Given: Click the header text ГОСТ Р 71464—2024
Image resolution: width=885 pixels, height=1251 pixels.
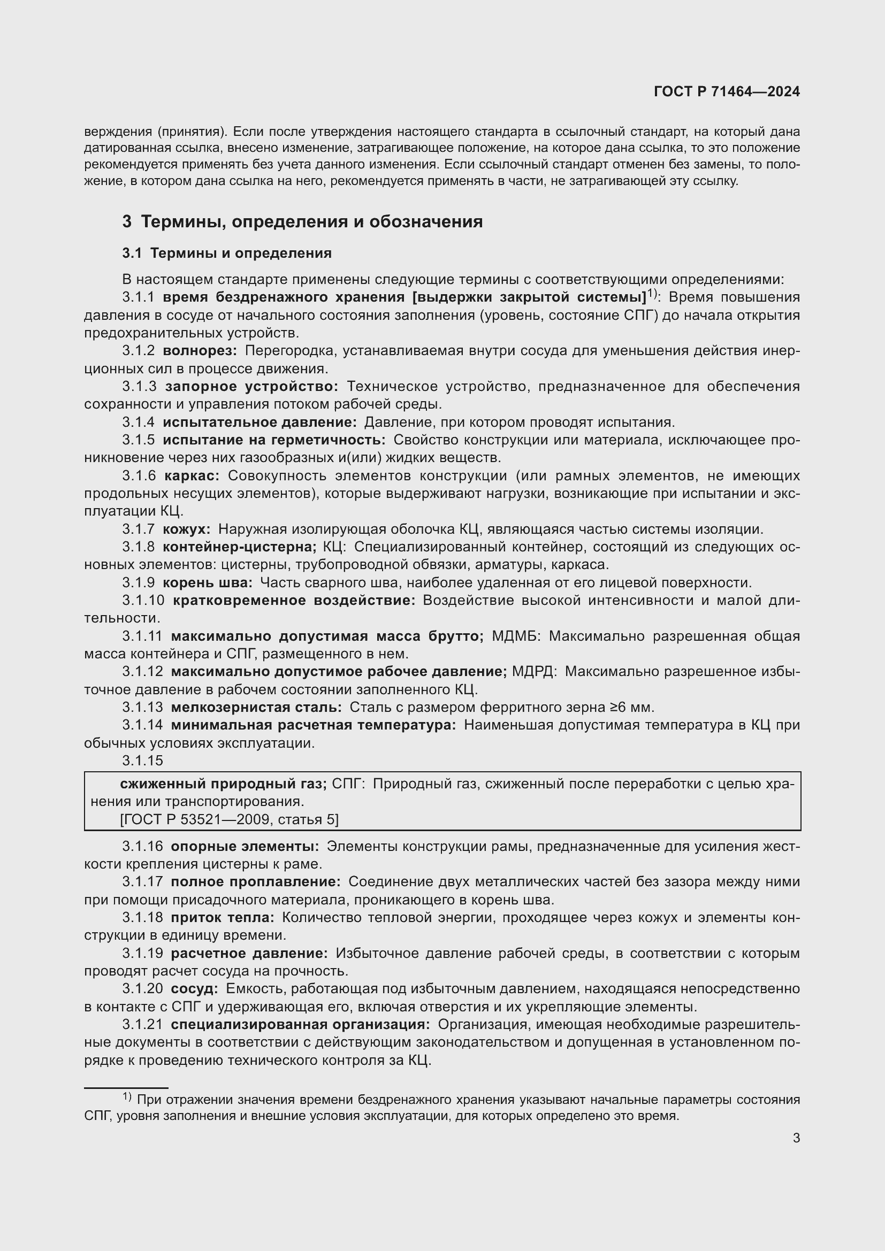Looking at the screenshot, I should pyautogui.click(x=727, y=91).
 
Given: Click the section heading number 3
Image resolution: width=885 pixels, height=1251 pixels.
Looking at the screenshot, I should pyautogui.click(x=127, y=222).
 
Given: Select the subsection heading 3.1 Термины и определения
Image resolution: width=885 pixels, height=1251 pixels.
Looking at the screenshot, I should pyautogui.click(x=227, y=253).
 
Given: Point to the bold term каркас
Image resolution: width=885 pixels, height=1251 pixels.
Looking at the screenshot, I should pyautogui.click(x=191, y=475).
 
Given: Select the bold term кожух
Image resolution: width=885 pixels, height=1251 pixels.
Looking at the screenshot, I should pyautogui.click(x=186, y=528).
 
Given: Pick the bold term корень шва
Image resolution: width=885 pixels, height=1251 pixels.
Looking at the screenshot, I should pyautogui.click(x=207, y=582).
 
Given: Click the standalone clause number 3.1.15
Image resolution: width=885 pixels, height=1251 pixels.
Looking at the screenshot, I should pyautogui.click(x=142, y=761).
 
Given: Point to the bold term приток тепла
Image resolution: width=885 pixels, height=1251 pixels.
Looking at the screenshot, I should pyautogui.click(x=223, y=918).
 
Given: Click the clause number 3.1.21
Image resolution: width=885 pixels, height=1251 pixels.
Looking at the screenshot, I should pyautogui.click(x=142, y=1024).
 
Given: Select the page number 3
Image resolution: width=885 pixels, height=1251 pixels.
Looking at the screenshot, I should pyautogui.click(x=796, y=1138).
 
